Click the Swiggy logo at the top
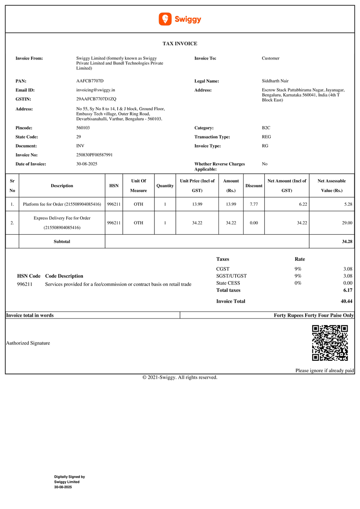180,19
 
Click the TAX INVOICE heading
180,44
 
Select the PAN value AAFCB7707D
90,81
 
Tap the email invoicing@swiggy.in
95,90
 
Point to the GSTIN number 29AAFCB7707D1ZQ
96,99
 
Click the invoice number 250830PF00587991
94,155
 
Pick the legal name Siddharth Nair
275,81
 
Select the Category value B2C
266,128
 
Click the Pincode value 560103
84,128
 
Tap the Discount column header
254,186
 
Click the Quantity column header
165,186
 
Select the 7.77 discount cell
254,204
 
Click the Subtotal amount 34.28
347,242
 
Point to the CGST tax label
223,269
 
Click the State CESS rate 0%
298,283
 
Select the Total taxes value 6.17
348,290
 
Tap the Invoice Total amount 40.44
346,301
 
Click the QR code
330,343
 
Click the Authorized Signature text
28,343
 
